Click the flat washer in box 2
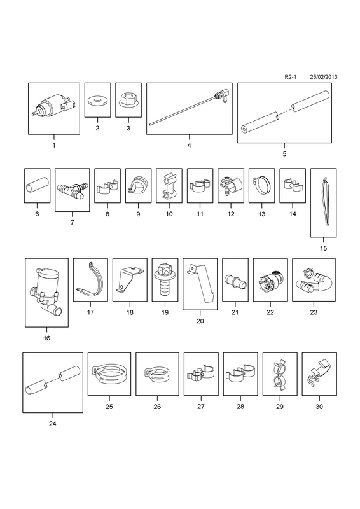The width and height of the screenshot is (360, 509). tap(97, 101)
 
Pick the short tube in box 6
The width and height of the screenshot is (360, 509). tap(37, 186)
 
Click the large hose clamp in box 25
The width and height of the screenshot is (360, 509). tap(109, 375)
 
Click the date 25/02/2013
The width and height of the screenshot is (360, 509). tap(323, 77)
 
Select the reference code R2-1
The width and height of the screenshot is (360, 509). tap(291, 77)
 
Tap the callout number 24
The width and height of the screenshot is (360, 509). tap(53, 424)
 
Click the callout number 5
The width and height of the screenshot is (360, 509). tap(284, 154)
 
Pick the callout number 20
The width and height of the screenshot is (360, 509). tap(200, 321)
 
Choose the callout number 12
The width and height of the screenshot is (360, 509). tap(231, 214)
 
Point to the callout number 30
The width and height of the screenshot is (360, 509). tap(319, 407)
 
